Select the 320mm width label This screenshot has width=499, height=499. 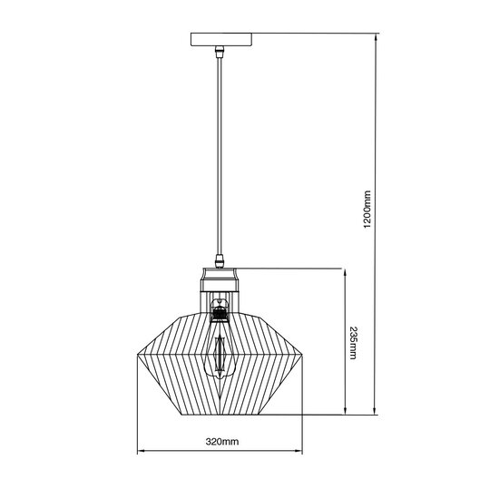click(220, 442)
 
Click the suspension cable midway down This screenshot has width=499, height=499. click(220, 154)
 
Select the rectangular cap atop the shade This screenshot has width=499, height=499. click(220, 274)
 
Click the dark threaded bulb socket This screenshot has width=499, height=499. click(219, 314)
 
